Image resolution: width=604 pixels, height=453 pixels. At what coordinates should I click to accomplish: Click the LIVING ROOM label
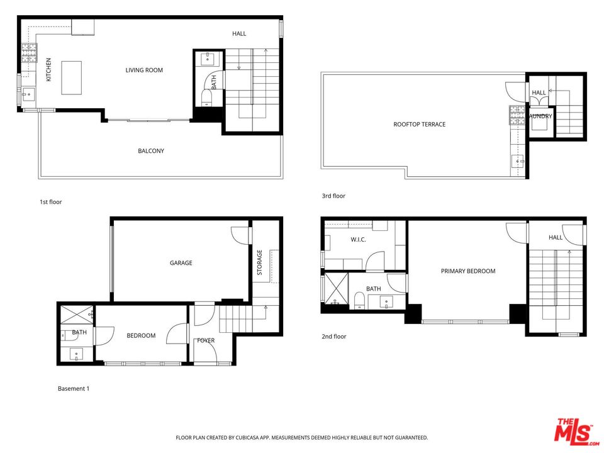point(144,70)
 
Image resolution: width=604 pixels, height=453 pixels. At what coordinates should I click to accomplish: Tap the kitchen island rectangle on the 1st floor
point(72,77)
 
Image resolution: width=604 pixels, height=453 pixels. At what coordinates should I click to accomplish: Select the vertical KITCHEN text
point(48,70)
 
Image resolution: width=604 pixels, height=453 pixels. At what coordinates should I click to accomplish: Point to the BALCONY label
point(151,151)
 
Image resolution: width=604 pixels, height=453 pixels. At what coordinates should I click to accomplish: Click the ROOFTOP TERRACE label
point(419,125)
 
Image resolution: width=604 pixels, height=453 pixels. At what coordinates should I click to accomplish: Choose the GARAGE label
point(181,263)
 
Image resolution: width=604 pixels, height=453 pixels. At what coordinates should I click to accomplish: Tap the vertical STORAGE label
point(259,262)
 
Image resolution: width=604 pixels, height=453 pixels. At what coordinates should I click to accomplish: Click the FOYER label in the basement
point(205,340)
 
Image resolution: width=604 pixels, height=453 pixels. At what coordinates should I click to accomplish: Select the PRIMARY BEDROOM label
point(467,271)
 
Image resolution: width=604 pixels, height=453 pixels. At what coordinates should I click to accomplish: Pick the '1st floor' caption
point(50,202)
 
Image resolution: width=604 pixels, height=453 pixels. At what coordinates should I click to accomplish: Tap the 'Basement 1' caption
point(74,389)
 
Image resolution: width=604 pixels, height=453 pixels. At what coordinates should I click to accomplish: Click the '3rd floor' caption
point(333,196)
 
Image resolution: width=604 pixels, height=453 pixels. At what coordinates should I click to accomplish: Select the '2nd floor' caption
point(333,337)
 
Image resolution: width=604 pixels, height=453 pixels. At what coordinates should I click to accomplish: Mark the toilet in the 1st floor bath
point(206,97)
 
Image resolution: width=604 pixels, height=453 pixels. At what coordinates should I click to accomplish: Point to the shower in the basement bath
point(75,312)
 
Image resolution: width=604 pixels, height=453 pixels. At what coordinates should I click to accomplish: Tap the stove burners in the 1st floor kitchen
point(28,52)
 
